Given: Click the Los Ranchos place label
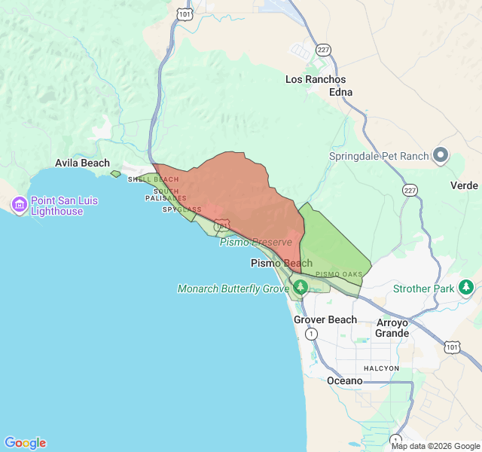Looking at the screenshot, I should pos(316,79).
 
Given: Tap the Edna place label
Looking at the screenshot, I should pos(340,92).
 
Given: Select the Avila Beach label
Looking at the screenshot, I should pos(82,163).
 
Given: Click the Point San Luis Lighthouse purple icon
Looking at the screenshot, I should pos(19,204).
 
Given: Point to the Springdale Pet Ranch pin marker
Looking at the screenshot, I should pos(441,156).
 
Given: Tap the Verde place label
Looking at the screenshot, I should pos(464,185).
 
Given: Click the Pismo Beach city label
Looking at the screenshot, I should pos(281,264).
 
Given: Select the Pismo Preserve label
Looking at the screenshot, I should pos(255,242).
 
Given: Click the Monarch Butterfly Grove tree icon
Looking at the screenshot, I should pos(300,287).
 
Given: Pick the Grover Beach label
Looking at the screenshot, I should pos(325,319).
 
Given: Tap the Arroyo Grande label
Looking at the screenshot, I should pos(392,328).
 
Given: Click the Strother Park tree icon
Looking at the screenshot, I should pos(466,287).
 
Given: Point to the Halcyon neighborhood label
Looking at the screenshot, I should pos(381,368).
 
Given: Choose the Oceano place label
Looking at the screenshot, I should pos(344,380).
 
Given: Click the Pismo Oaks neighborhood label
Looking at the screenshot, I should pos(339,274).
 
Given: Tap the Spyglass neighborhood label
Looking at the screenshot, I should pos(182,209).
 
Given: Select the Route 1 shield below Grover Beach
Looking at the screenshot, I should pos(311,334).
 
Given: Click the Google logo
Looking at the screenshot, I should pos(25,443).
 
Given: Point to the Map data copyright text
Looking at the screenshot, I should pos(435,446).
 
